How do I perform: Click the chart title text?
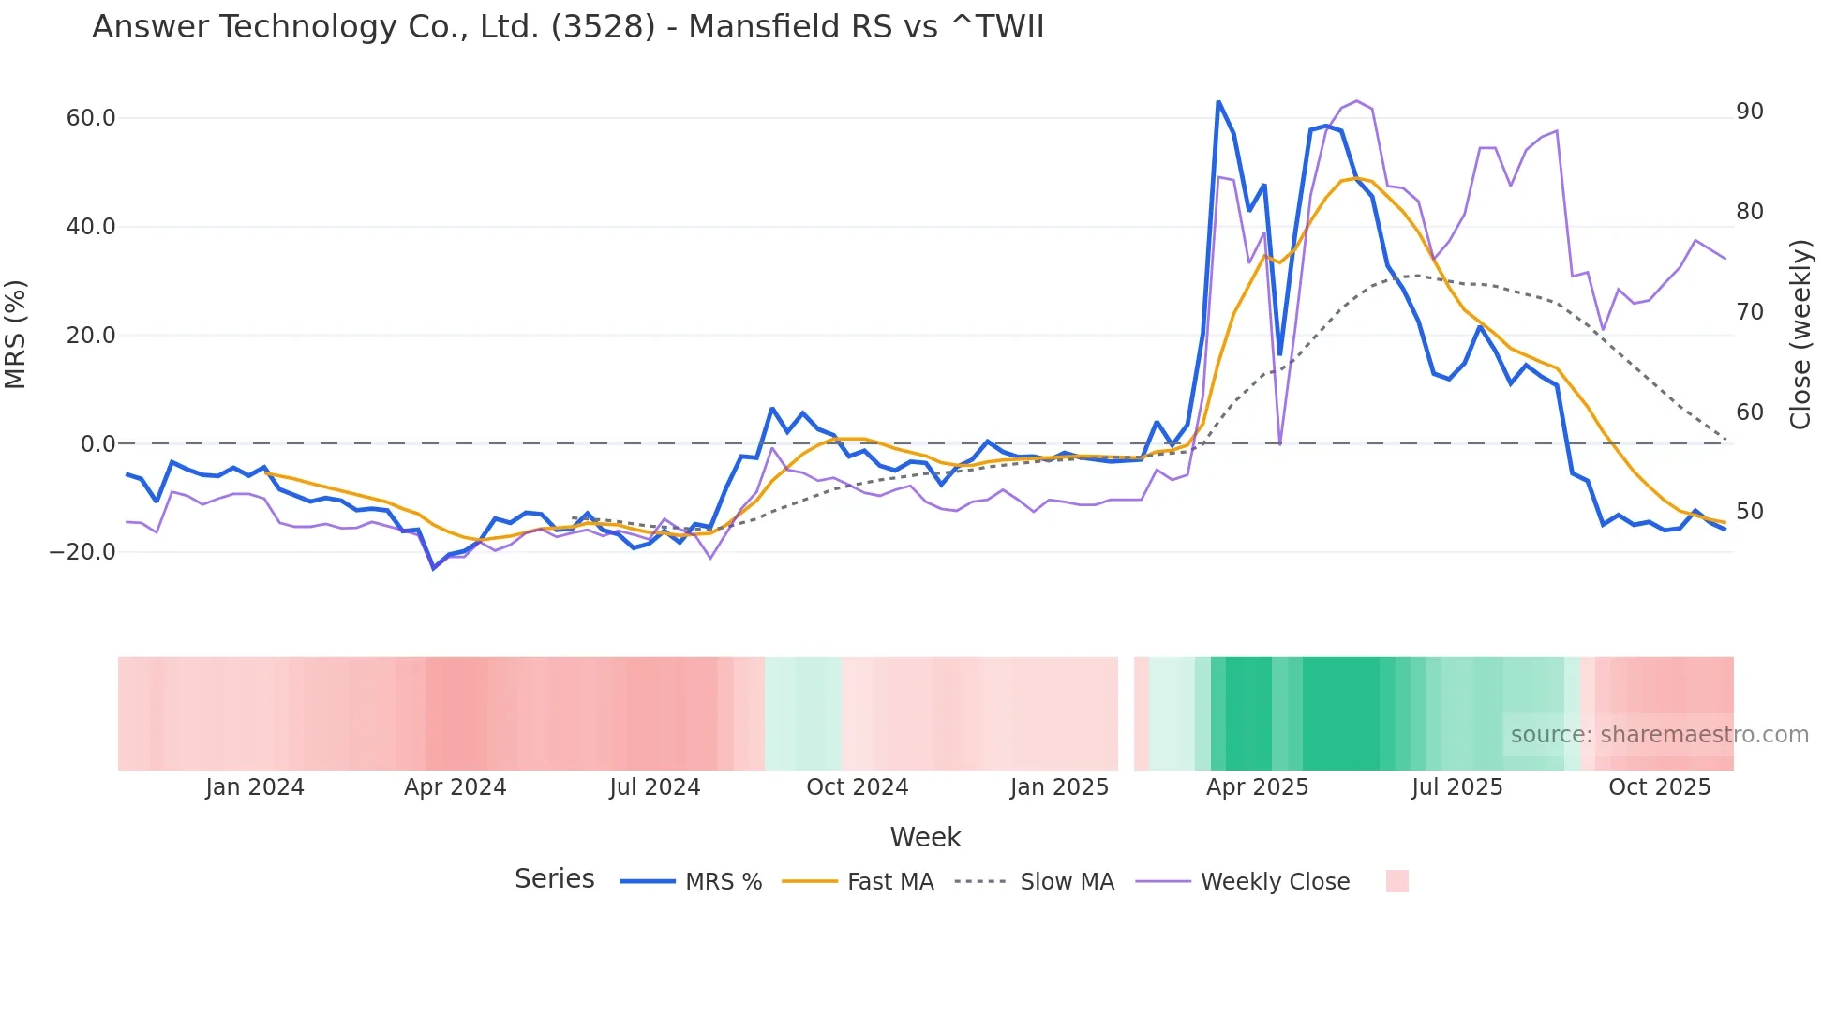pos(567,27)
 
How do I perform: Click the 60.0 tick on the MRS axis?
pos(91,118)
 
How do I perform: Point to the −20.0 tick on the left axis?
pos(83,552)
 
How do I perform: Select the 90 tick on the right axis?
pos(1750,112)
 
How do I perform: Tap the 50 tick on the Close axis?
pos(1750,512)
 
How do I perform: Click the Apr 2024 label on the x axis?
pos(455,787)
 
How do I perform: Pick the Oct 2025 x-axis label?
pos(1659,787)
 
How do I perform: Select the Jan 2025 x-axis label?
pos(1059,787)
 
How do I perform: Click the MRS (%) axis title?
pos(16,335)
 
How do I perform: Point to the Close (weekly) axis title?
pos(1800,335)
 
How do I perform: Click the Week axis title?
pos(925,837)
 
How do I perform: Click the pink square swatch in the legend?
pos(1396,881)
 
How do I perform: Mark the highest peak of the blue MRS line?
pos(1217,101)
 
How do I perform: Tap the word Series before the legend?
pos(554,879)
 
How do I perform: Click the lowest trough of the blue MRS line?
pos(434,568)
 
